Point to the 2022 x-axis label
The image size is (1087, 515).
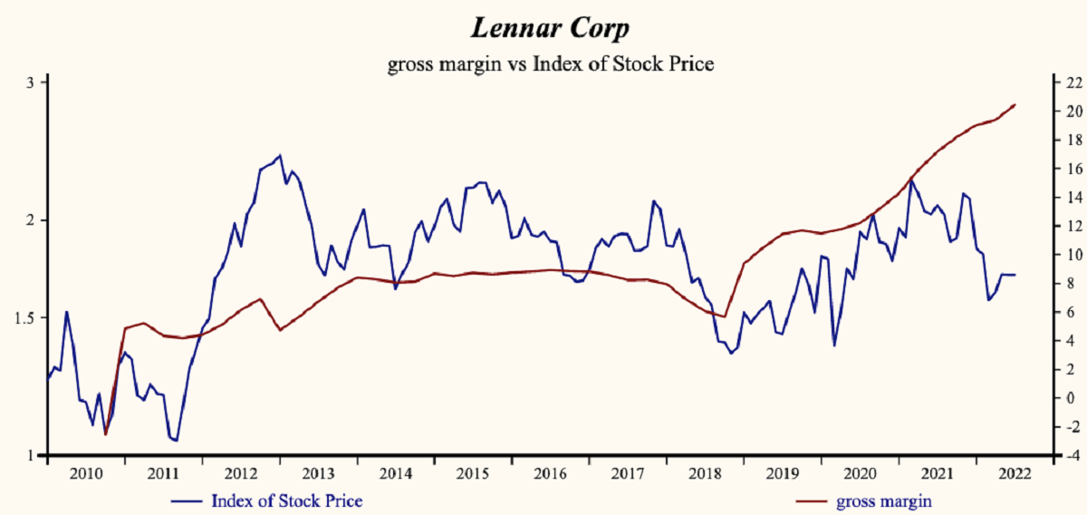point(1012,474)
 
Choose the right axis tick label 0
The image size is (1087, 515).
point(1070,398)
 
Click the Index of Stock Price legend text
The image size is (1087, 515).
point(286,500)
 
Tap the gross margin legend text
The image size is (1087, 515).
point(884,500)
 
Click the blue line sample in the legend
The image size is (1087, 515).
point(187,500)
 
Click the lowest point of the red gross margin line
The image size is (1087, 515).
point(106,434)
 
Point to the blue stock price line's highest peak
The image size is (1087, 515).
point(279,155)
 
